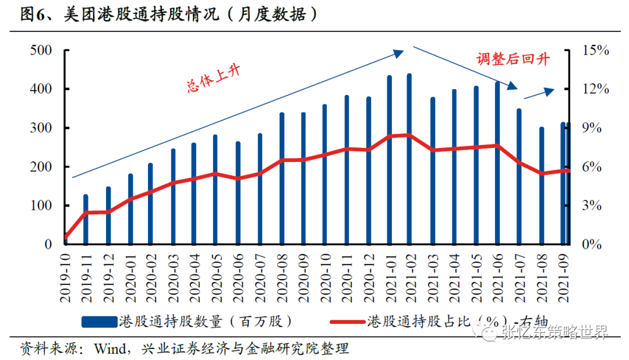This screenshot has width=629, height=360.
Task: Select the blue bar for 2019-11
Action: click(x=86, y=220)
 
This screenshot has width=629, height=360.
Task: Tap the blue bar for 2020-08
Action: click(x=282, y=178)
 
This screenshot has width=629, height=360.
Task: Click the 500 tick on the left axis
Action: click(x=41, y=51)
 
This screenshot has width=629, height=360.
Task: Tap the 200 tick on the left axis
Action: click(x=41, y=167)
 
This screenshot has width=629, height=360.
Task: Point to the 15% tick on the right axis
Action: click(x=595, y=51)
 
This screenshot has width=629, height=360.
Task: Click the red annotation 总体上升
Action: click(x=213, y=78)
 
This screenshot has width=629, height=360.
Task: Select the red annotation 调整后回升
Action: click(x=513, y=59)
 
